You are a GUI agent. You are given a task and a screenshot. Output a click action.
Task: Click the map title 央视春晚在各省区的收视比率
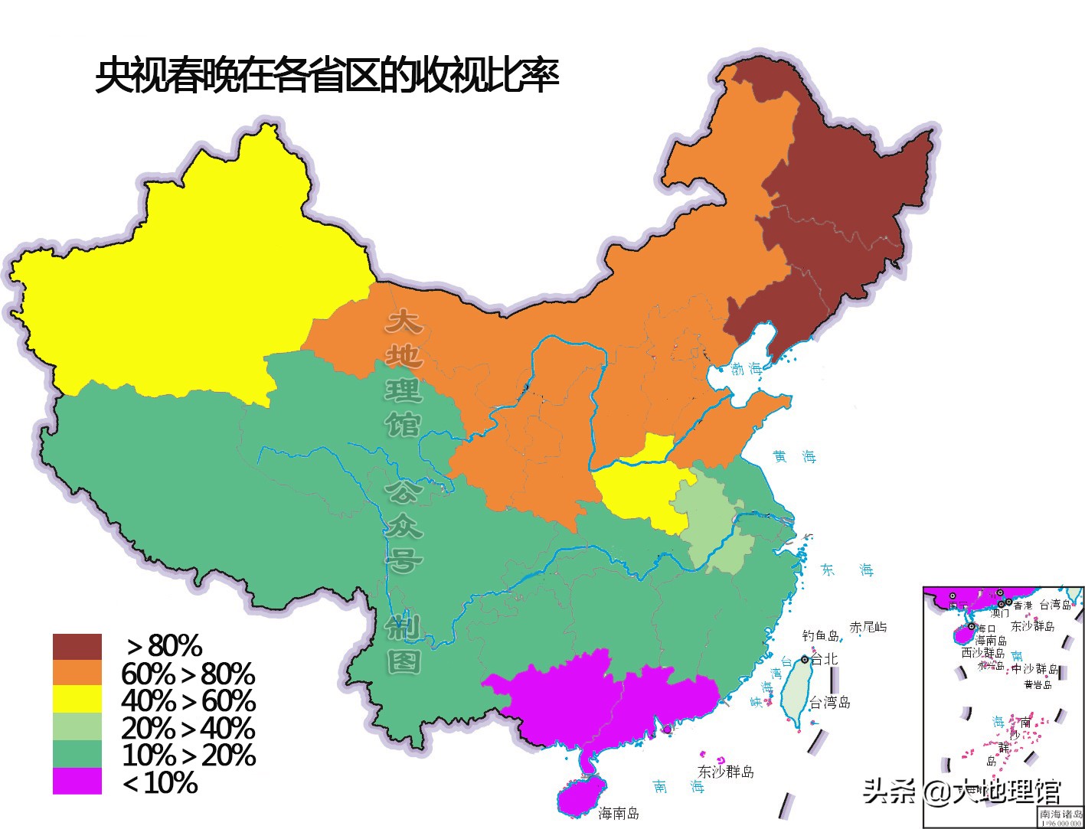click(x=327, y=76)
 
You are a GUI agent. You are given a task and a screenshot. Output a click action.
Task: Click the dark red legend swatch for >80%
click(x=77, y=647)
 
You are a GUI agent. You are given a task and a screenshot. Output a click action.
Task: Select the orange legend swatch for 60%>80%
click(x=77, y=673)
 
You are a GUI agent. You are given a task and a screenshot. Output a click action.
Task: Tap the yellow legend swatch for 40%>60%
click(x=77, y=700)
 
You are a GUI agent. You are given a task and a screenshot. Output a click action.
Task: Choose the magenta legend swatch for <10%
click(x=77, y=782)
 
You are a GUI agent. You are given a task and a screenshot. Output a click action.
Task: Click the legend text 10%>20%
click(x=188, y=756)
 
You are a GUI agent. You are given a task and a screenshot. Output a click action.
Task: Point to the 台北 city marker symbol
click(x=805, y=659)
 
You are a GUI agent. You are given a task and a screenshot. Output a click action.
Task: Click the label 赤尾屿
click(x=868, y=627)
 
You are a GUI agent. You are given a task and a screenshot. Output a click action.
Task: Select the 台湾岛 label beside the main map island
click(x=830, y=702)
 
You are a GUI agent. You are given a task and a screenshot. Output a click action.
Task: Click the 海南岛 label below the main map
click(x=619, y=813)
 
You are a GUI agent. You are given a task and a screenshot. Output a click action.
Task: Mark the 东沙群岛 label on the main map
click(x=725, y=772)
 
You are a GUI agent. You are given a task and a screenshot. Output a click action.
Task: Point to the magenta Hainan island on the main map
click(x=580, y=796)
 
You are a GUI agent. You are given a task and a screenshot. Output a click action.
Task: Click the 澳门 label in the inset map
click(x=1000, y=613)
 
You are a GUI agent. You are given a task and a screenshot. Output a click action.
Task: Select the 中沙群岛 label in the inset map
click(x=1036, y=668)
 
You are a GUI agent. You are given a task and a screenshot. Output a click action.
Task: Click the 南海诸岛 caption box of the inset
click(x=1060, y=817)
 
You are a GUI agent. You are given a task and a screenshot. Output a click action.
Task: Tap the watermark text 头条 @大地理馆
click(x=962, y=791)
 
